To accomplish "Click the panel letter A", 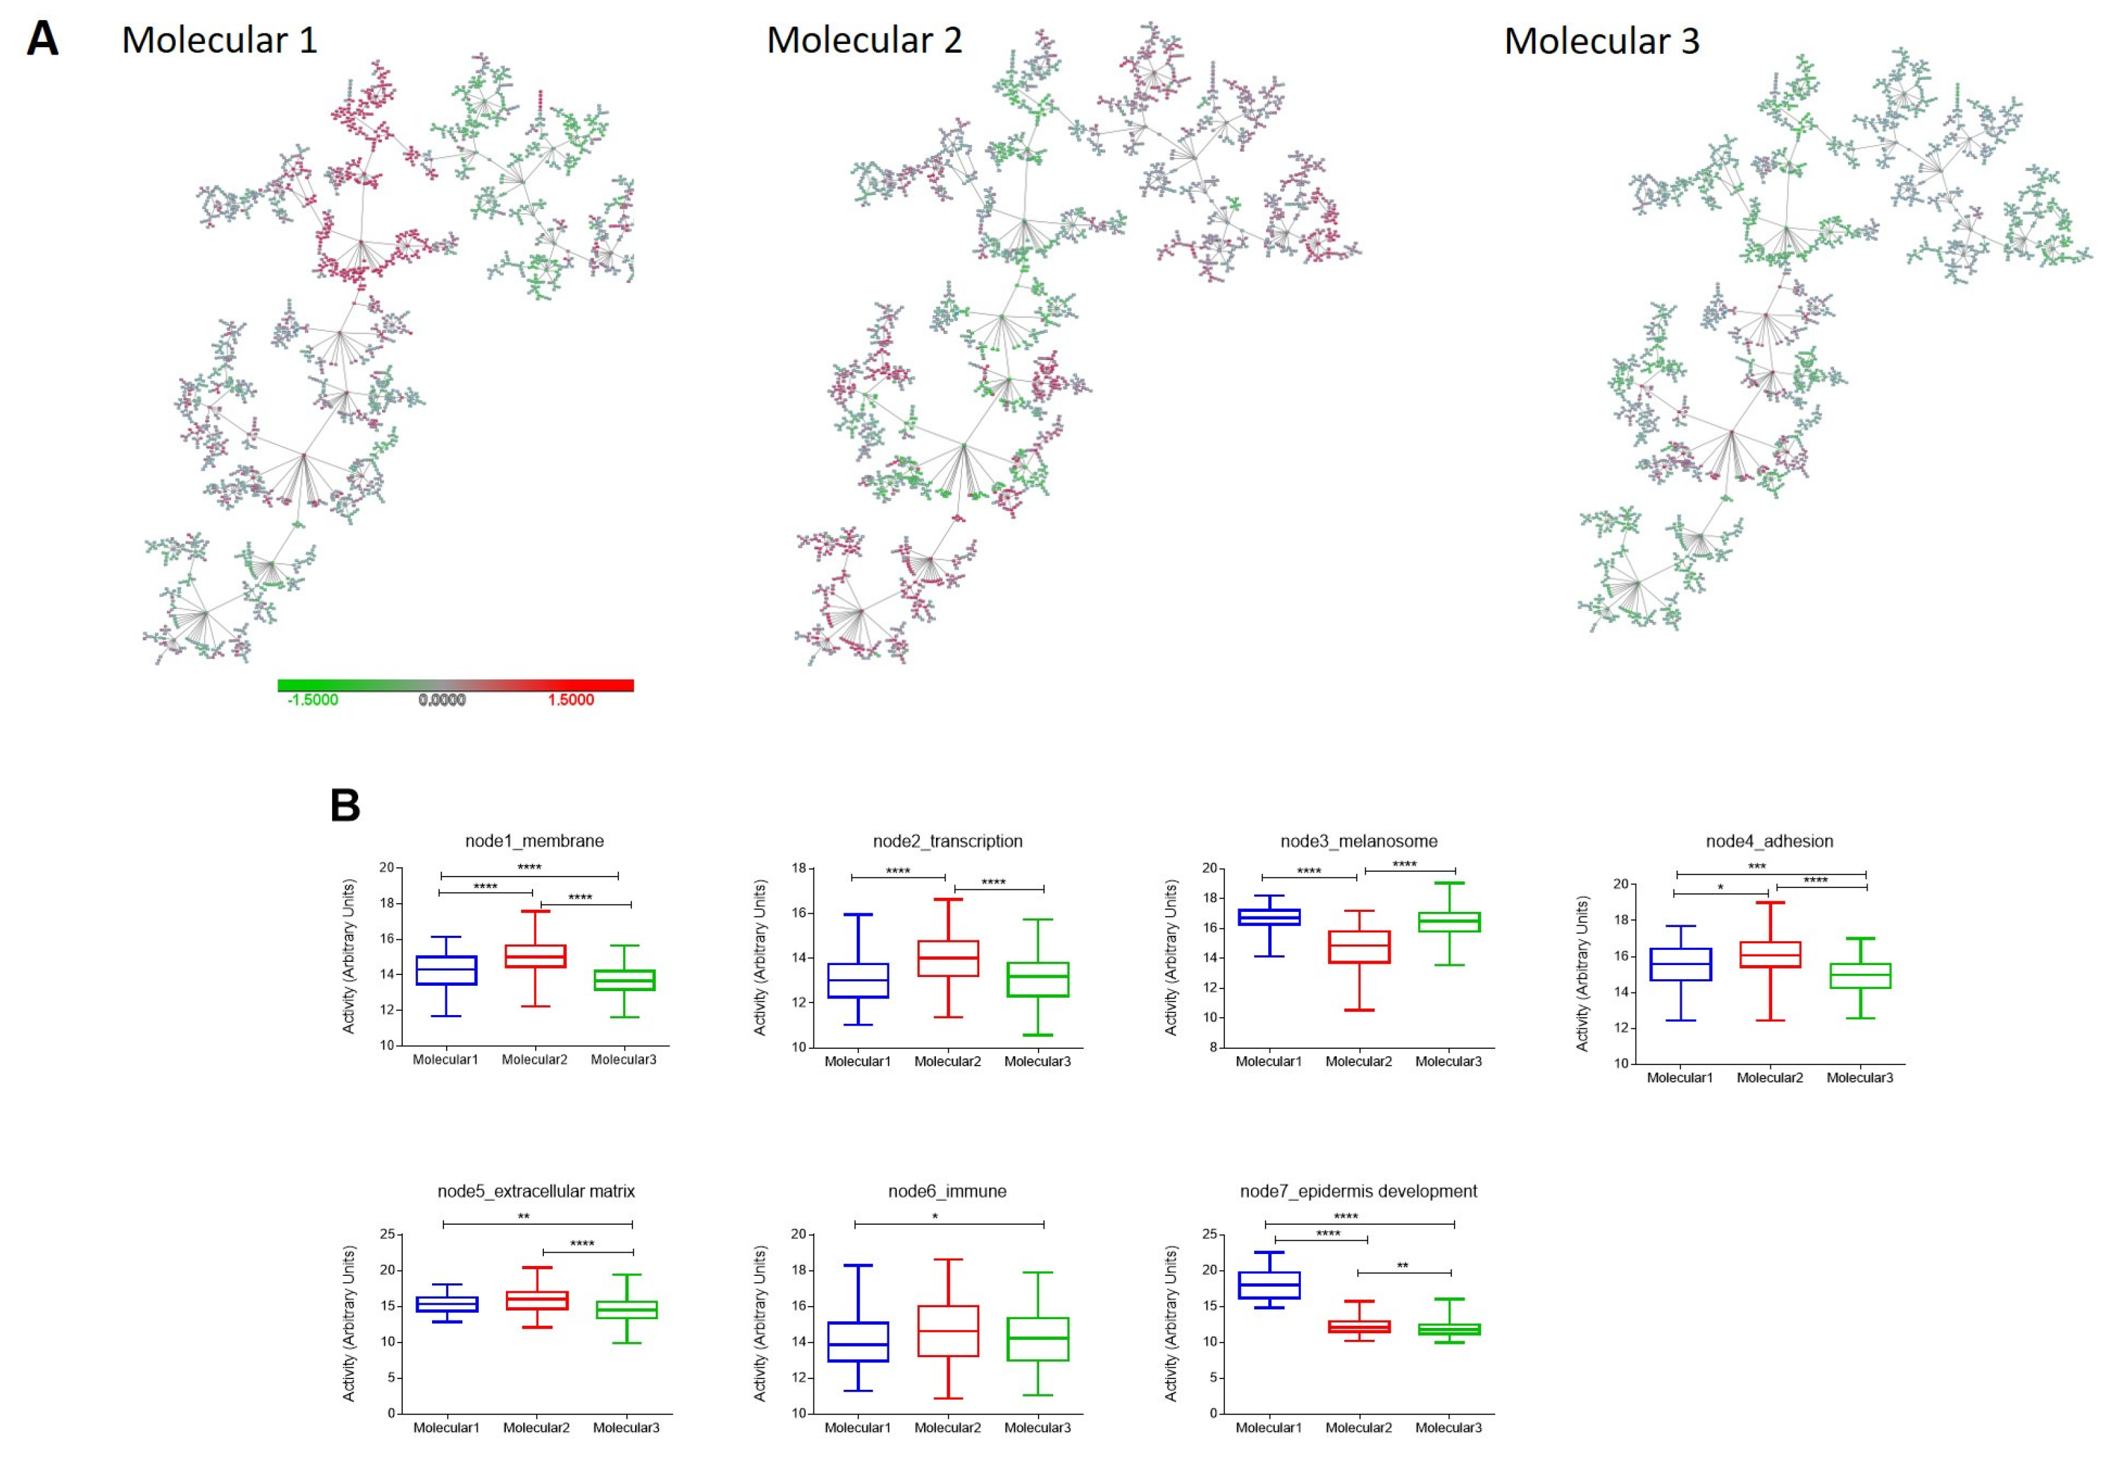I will tap(42, 39).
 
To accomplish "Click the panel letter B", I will tap(345, 805).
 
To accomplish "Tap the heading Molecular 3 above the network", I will tap(1601, 41).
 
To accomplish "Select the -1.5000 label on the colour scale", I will tap(313, 700).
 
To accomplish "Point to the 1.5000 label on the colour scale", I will tap(571, 700).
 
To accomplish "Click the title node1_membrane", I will tap(534, 841).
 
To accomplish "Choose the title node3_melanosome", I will tap(1359, 841).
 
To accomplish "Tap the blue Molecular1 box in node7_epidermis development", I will tap(1269, 1285).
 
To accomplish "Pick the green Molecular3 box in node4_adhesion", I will tap(1860, 976).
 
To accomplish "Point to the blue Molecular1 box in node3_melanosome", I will tap(1269, 917).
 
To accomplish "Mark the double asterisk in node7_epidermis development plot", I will tap(1403, 1266).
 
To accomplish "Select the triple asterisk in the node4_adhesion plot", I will tap(1757, 866).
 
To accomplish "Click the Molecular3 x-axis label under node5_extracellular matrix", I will tap(626, 1427).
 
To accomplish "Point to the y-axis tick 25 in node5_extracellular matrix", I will tap(388, 1234).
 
